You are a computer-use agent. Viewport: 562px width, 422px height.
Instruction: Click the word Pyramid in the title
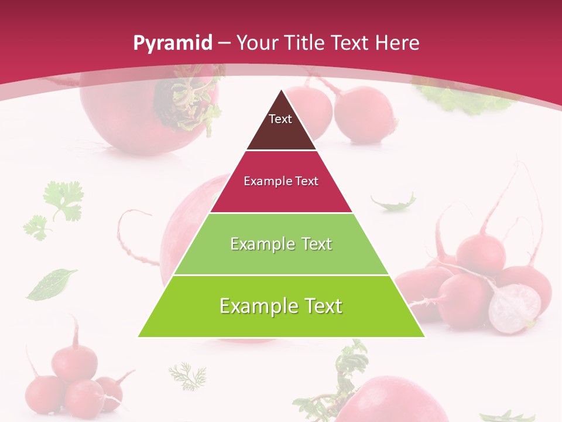click(x=172, y=43)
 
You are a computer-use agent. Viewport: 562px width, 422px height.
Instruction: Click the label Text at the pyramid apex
click(x=280, y=119)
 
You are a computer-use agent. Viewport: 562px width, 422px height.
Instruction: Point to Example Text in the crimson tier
click(x=281, y=181)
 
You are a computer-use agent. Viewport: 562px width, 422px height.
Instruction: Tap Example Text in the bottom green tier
click(x=281, y=306)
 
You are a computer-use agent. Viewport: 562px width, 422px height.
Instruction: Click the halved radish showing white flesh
click(x=515, y=308)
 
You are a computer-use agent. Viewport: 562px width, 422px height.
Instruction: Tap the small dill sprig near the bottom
click(x=188, y=375)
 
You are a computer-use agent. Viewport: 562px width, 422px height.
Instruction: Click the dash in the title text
click(x=225, y=43)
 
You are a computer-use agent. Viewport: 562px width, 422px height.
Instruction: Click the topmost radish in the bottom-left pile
click(x=74, y=359)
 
